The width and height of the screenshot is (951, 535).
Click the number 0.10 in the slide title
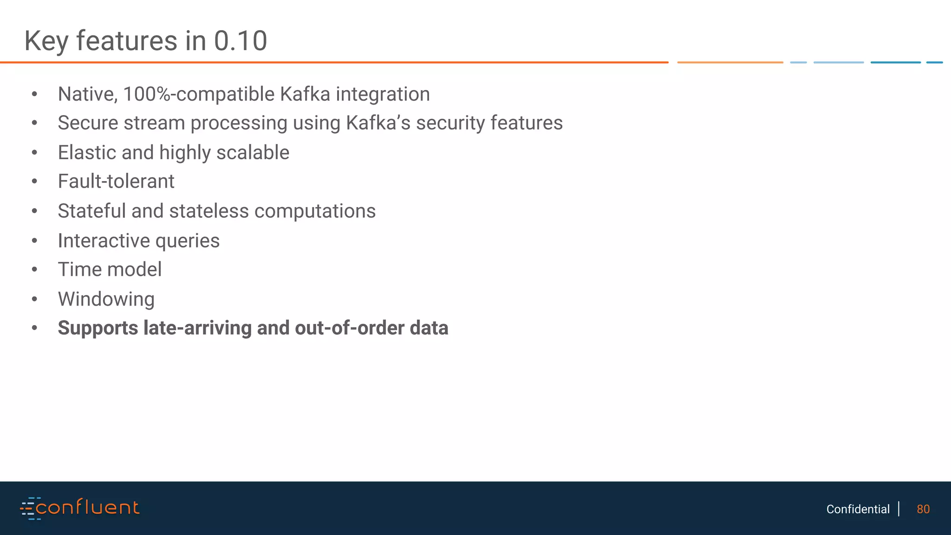click(x=240, y=41)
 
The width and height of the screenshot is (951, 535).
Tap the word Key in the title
click(x=46, y=41)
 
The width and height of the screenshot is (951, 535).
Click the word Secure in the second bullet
click(x=86, y=123)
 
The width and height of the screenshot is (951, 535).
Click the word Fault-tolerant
click(x=116, y=182)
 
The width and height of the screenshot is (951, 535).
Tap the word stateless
click(x=209, y=211)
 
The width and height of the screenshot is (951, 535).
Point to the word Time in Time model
click(x=77, y=270)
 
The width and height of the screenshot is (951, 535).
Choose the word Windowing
click(x=106, y=300)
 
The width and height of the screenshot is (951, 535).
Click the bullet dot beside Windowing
click(x=34, y=300)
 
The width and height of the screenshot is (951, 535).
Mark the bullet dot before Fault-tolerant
click(x=34, y=182)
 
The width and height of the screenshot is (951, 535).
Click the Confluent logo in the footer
click(x=79, y=508)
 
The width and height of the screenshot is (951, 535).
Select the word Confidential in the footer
click(x=858, y=509)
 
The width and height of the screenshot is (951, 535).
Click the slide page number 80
click(x=923, y=509)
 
